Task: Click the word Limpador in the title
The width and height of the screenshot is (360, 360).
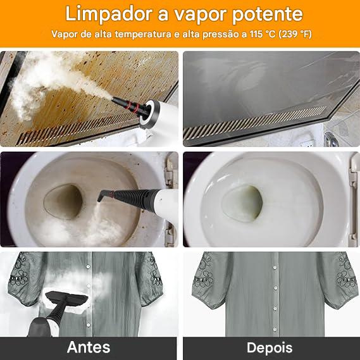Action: coord(109,14)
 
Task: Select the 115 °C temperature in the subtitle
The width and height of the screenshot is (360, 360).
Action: coord(263,34)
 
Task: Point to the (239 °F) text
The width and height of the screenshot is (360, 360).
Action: coord(295,34)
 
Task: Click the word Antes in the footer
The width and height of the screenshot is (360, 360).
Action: coord(89,347)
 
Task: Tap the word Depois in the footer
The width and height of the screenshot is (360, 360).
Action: coord(270,348)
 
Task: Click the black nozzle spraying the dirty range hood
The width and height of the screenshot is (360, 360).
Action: coord(128,105)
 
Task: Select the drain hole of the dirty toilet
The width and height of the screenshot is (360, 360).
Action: coord(63,201)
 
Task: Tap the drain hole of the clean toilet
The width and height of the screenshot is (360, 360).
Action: coord(242,203)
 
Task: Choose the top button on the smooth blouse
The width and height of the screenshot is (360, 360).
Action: coord(275,268)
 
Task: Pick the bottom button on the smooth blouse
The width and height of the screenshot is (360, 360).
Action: coord(275,329)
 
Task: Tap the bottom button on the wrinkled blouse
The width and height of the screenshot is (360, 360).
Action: coord(89,325)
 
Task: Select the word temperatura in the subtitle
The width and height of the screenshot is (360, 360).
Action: coord(143,34)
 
